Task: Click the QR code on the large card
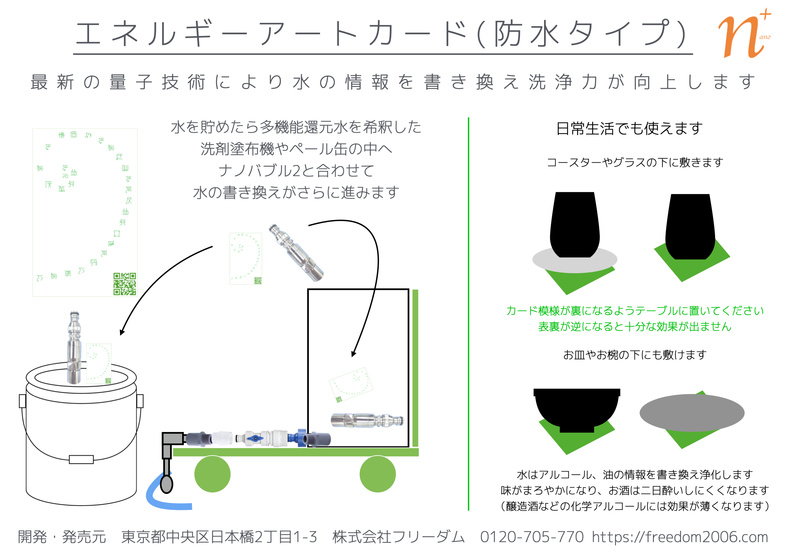click(x=125, y=284)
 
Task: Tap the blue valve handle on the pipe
click(x=255, y=438)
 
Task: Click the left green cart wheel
click(x=212, y=474)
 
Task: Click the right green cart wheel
click(x=378, y=474)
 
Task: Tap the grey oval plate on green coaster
click(x=692, y=412)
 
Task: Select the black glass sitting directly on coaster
click(x=690, y=226)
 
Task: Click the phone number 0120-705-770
click(x=532, y=537)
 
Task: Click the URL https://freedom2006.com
click(x=679, y=537)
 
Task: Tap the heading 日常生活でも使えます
click(x=629, y=129)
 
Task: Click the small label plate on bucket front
click(x=81, y=459)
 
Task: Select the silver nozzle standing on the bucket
click(x=74, y=348)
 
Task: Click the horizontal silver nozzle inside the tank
click(x=367, y=421)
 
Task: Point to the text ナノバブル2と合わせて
click(x=296, y=170)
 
